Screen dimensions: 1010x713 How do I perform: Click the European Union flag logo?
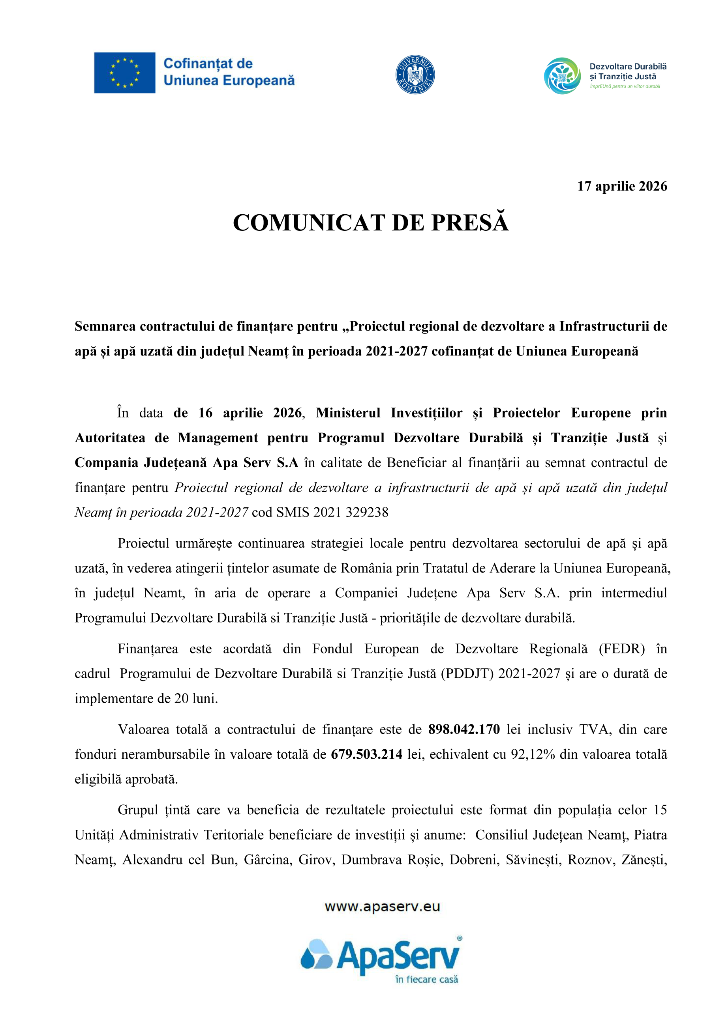(124, 73)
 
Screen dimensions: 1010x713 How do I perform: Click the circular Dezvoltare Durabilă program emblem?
(562, 76)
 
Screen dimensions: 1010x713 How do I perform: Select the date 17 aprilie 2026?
(622, 186)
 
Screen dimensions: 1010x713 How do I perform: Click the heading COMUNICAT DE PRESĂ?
(371, 223)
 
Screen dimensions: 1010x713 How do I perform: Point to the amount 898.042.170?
(464, 729)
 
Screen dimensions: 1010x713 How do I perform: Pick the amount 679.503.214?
(367, 754)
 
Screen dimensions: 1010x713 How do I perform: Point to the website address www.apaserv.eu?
(382, 907)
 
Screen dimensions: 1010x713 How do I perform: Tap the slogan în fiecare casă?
(426, 979)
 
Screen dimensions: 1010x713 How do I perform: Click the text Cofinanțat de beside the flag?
(208, 64)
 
